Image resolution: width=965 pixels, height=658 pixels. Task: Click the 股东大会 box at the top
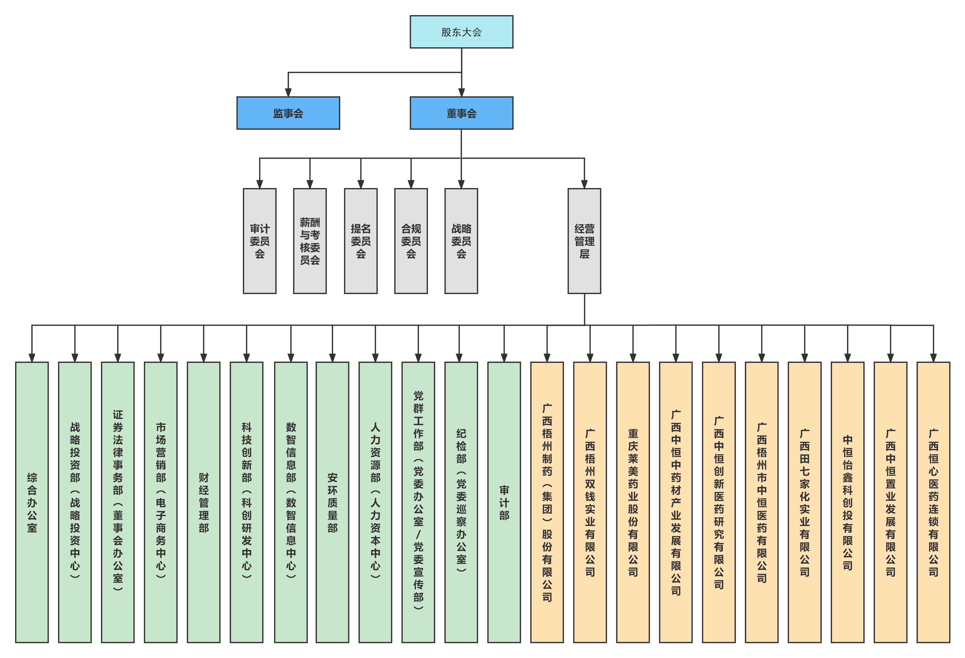point(461,32)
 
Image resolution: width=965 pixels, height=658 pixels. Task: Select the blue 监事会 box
point(288,113)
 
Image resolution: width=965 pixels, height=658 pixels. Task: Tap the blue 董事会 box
point(461,113)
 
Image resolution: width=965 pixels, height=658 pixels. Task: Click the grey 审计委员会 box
point(260,241)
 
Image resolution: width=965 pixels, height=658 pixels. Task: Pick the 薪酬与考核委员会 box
point(310,241)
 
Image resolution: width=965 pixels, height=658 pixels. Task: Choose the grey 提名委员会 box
point(360,241)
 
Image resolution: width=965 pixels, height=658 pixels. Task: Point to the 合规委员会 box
point(411,241)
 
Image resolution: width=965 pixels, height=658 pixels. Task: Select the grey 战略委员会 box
point(461,241)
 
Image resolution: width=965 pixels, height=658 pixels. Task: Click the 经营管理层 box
point(584,241)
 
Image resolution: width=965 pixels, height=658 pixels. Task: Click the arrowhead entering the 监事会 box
point(288,92)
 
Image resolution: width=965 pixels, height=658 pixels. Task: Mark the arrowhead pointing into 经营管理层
point(584,184)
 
